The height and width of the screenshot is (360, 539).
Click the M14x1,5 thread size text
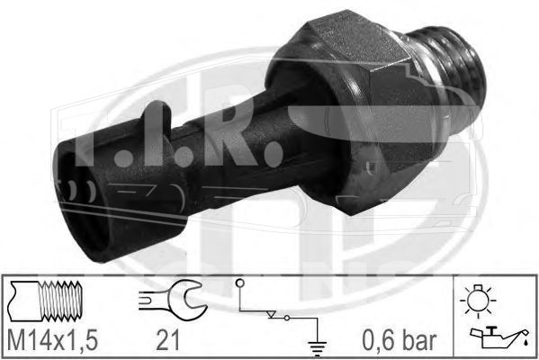pos(52,340)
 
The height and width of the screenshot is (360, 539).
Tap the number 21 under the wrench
pos(167,340)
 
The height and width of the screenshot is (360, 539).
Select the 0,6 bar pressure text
pos(400,340)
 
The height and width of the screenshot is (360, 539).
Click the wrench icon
pos(173,300)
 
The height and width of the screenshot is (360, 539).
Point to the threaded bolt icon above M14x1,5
pos(45,301)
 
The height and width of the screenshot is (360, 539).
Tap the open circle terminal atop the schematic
pos(240,283)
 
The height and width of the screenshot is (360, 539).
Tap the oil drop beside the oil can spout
pos(525,342)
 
